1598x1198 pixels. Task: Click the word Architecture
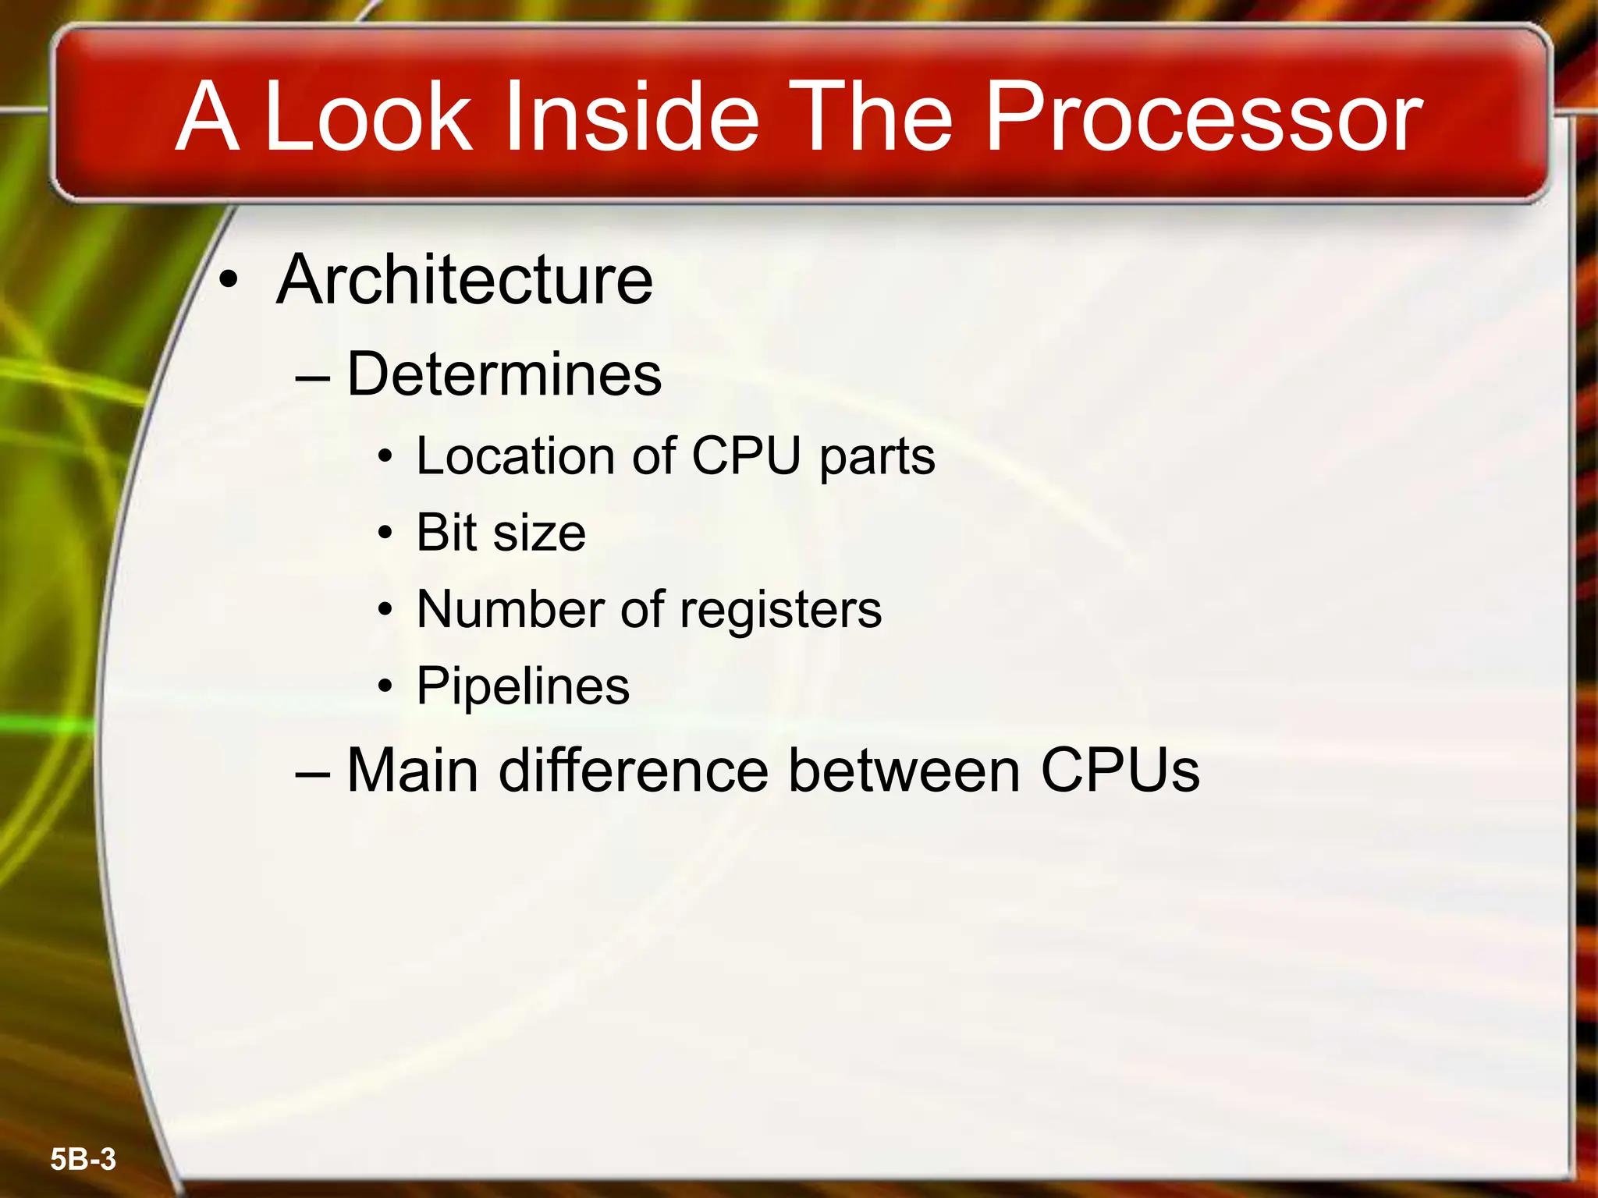click(464, 280)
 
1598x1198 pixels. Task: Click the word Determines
click(504, 374)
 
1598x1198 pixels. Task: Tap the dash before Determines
click(313, 377)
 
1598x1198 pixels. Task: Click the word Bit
click(446, 533)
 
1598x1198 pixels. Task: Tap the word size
click(539, 534)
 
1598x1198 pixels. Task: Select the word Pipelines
click(523, 686)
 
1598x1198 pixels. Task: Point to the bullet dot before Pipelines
click(385, 687)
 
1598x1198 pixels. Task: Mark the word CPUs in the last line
click(1120, 771)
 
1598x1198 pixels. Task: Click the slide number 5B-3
click(83, 1159)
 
